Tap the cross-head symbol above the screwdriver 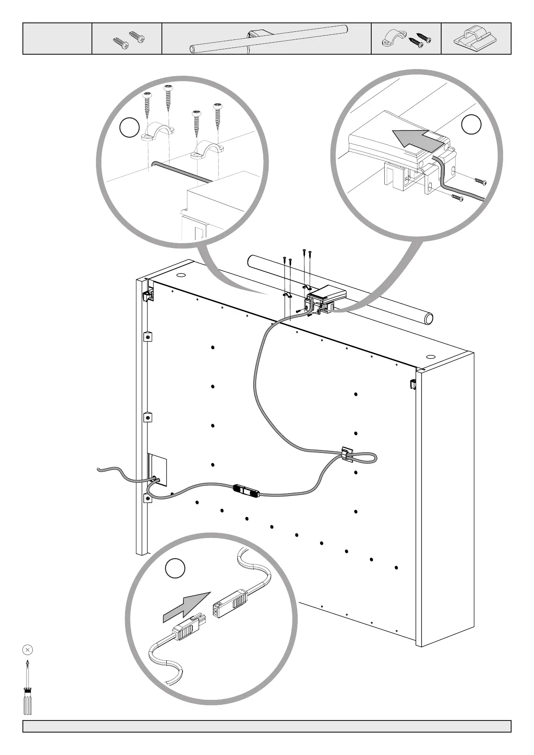(x=27, y=649)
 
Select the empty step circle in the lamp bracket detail (x=471, y=125)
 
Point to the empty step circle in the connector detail (x=175, y=568)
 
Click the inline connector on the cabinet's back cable (x=246, y=490)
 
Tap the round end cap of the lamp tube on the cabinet (x=429, y=319)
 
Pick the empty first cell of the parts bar (x=57, y=39)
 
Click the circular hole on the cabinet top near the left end (x=182, y=275)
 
